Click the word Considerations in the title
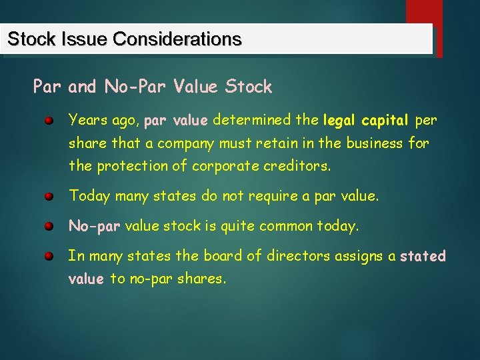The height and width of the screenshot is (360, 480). [177, 39]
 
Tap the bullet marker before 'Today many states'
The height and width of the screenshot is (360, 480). [49, 197]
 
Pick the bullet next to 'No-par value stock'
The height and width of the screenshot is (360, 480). [49, 227]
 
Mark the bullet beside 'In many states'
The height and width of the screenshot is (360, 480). [49, 257]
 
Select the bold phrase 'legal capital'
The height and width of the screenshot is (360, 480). [365, 121]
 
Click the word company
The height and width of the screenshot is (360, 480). [185, 143]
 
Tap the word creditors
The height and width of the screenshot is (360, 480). [294, 166]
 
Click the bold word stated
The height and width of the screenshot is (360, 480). [423, 255]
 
